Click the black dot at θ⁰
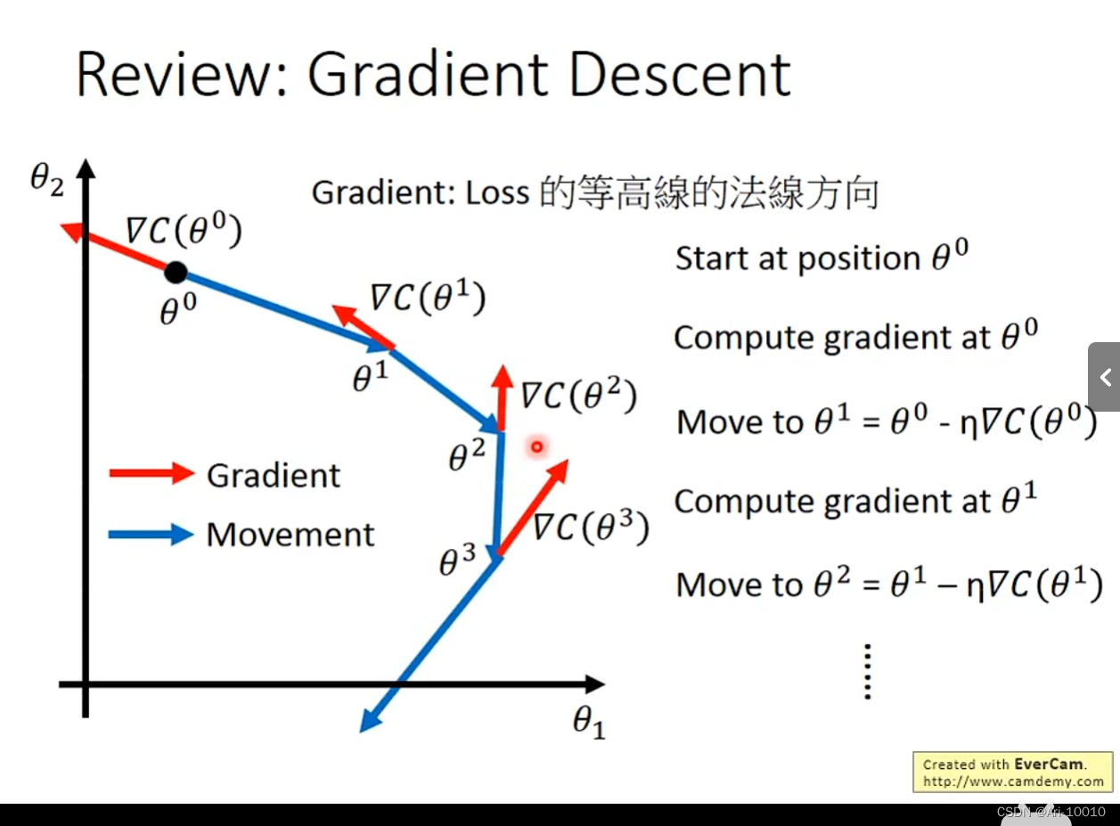click(x=176, y=272)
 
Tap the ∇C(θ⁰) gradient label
click(x=184, y=232)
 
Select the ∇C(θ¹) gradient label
click(x=428, y=299)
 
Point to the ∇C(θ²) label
click(x=579, y=395)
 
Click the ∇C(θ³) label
click(x=591, y=528)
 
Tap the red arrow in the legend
click(x=151, y=473)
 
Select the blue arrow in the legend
click(x=151, y=535)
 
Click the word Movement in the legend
click(x=290, y=535)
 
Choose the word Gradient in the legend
click(x=274, y=475)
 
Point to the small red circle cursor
click(x=537, y=446)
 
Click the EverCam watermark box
click(x=1013, y=773)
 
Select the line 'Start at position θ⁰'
click(x=821, y=258)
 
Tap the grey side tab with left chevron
click(x=1104, y=377)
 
